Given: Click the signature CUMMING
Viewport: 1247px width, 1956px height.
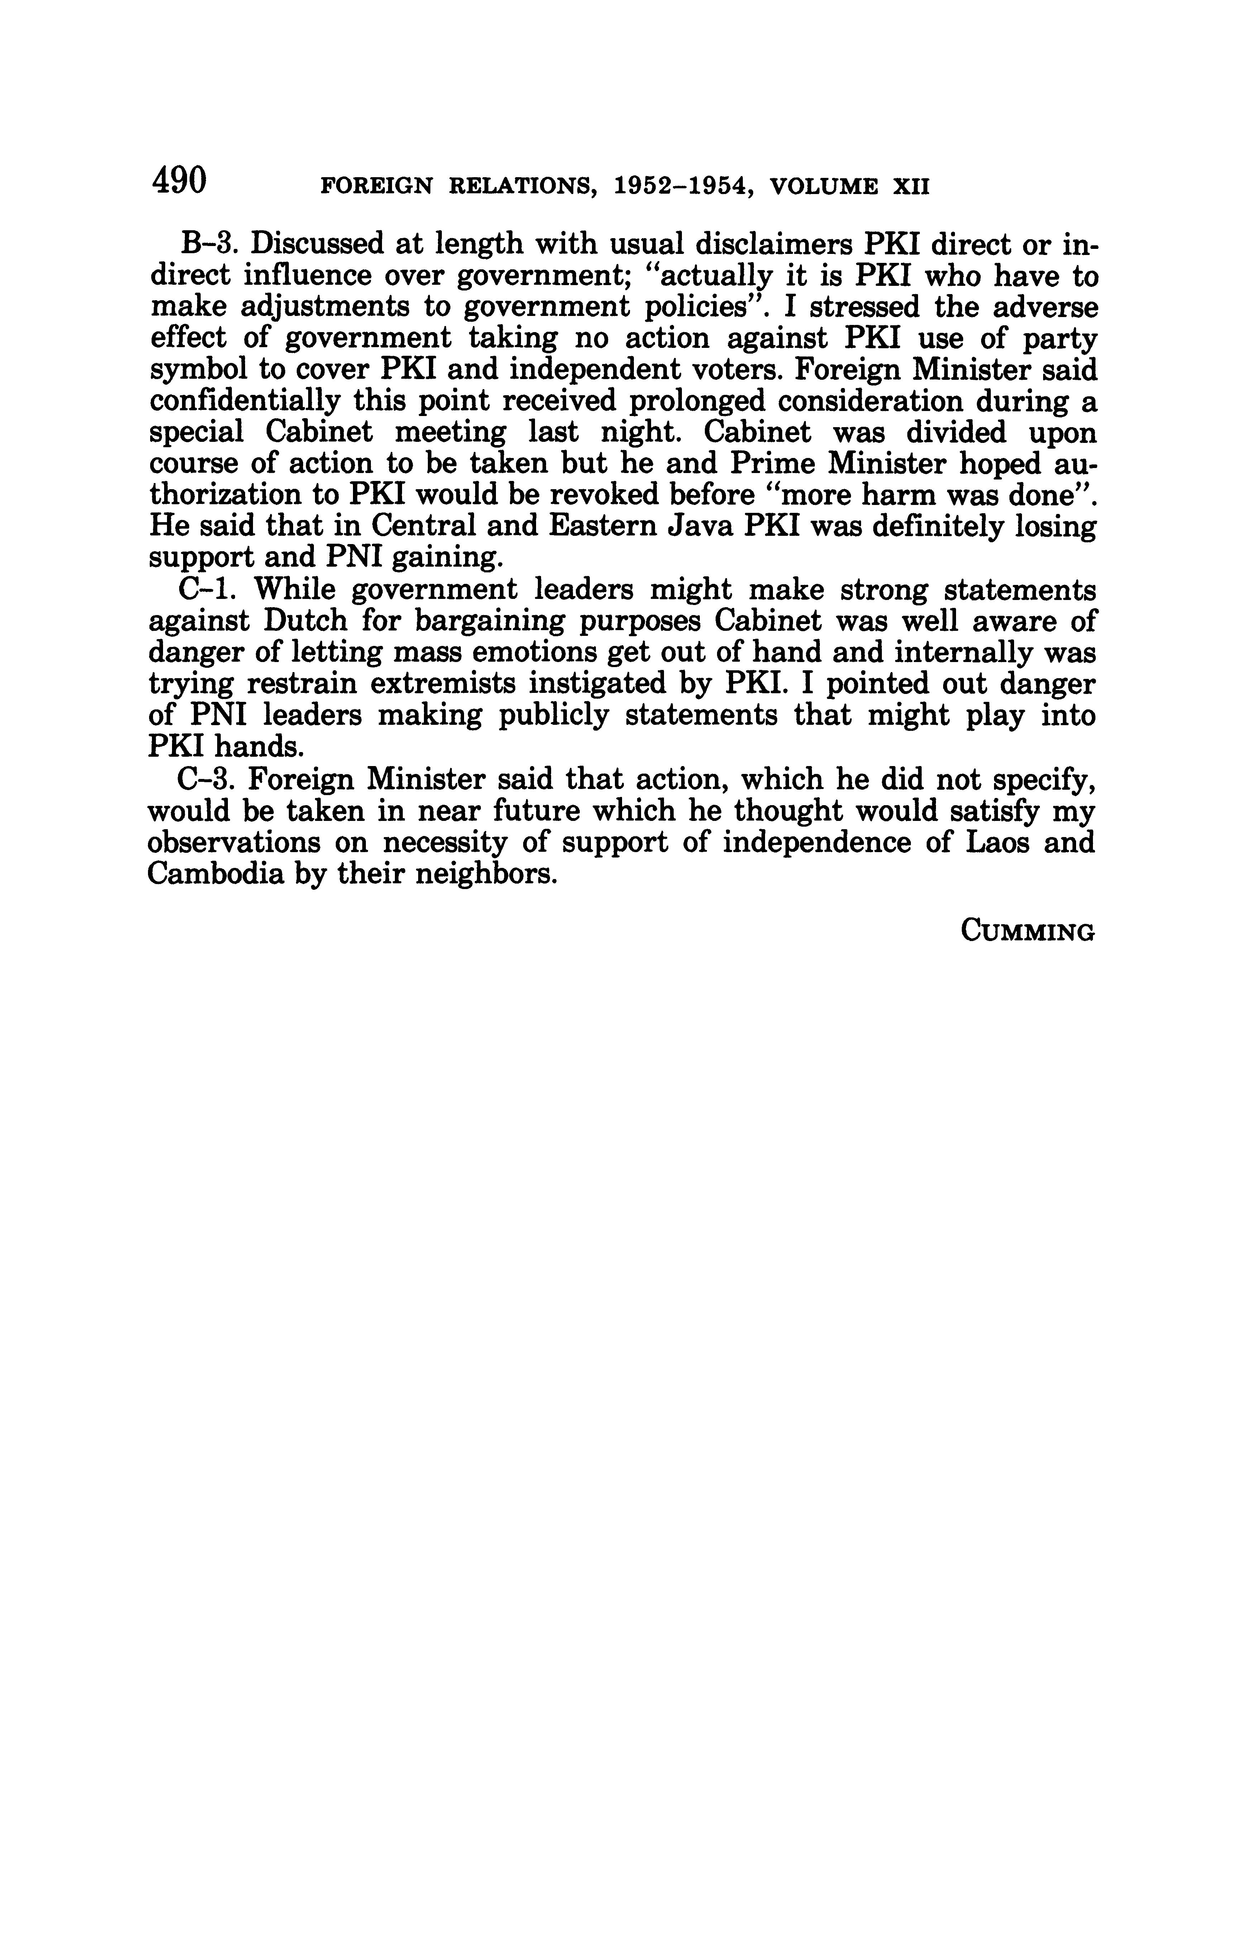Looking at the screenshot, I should point(1027,931).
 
